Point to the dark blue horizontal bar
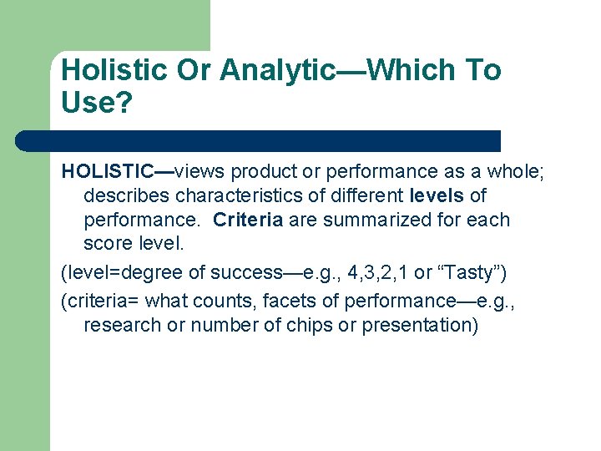(x=259, y=140)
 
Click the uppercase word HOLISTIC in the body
(x=108, y=171)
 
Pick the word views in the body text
(x=200, y=171)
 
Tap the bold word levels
(x=437, y=196)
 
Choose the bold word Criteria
(x=248, y=220)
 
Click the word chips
(x=309, y=325)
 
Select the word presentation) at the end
(x=420, y=325)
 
